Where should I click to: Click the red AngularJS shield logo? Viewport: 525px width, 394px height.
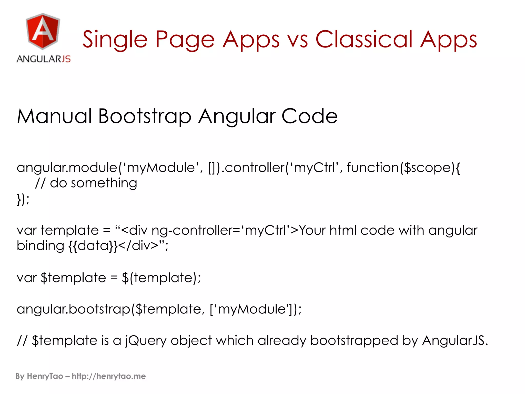pos(43,31)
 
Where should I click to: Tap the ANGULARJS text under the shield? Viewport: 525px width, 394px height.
pos(44,59)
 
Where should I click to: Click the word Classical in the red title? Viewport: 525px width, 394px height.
pos(364,40)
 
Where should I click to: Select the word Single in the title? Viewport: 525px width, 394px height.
pos(115,40)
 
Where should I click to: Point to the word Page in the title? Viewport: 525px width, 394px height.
pos(185,40)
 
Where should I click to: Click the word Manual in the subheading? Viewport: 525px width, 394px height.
pos(54,116)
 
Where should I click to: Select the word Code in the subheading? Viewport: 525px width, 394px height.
pos(309,116)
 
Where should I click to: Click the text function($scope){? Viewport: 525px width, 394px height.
pos(403,168)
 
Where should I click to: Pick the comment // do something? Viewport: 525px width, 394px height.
pos(86,183)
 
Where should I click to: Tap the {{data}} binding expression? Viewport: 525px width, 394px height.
pos(93,246)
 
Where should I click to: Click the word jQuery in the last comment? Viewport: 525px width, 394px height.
pos(146,341)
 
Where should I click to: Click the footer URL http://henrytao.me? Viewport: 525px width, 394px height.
pos(109,376)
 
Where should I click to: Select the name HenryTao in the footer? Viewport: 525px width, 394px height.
pos(45,376)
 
